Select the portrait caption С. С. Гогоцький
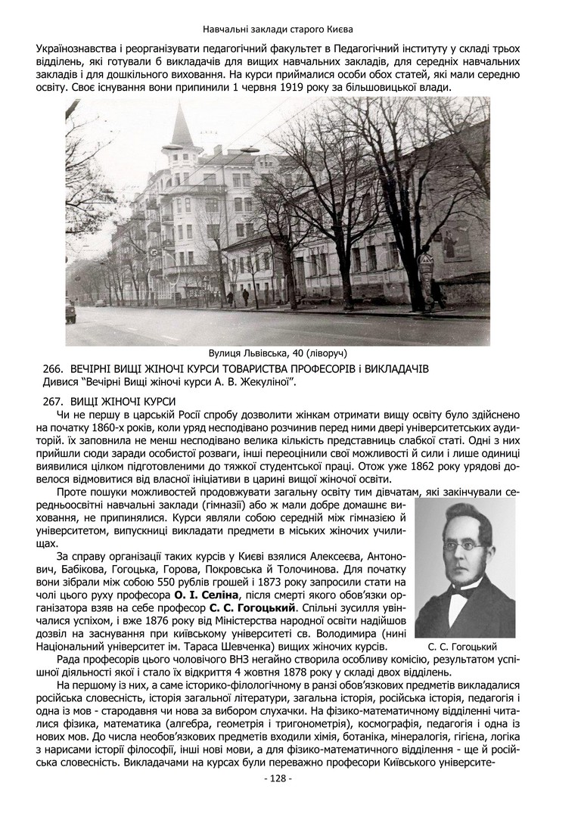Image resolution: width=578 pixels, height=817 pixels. point(461,647)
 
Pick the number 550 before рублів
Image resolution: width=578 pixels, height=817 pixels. point(194,581)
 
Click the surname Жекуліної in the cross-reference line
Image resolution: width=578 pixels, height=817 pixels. point(263,382)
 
